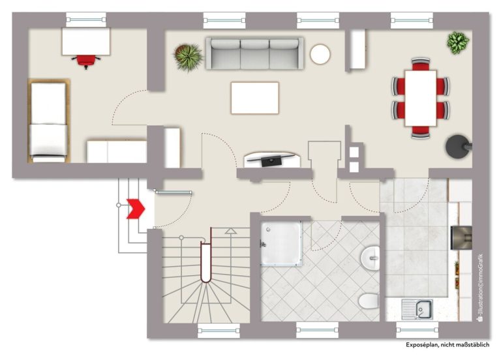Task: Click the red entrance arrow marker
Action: (x=136, y=209)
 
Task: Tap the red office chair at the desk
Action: (x=86, y=61)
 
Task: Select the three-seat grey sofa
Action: (x=254, y=53)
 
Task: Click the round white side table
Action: (x=320, y=54)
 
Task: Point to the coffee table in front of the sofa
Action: (x=254, y=98)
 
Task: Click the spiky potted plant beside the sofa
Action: (x=188, y=57)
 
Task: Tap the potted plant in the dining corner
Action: (x=458, y=43)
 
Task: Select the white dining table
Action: (x=421, y=98)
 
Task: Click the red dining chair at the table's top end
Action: (x=421, y=64)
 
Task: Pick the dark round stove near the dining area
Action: (x=458, y=147)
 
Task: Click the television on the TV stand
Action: (x=271, y=159)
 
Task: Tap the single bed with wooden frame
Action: (x=49, y=121)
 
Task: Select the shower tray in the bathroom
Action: (x=281, y=243)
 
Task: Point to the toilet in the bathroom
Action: (x=369, y=301)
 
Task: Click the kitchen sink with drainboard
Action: (x=417, y=309)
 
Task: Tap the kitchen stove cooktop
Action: (x=461, y=237)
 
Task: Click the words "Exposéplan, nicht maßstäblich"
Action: (x=448, y=344)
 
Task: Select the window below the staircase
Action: (x=219, y=331)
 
